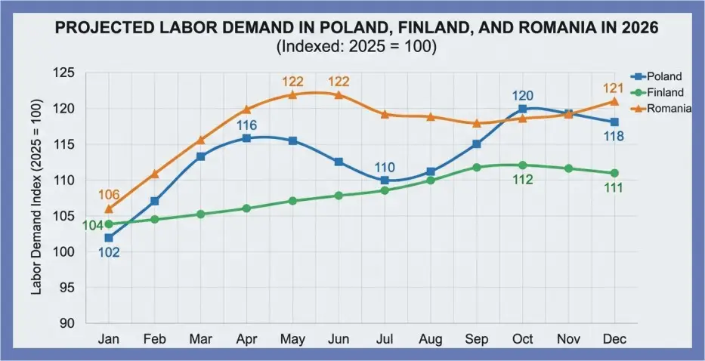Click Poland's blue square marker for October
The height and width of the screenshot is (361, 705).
coord(523,109)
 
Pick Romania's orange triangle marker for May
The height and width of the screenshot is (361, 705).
coord(292,94)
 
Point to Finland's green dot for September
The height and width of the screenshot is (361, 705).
coord(477,167)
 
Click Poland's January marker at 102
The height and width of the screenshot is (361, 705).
coord(109,238)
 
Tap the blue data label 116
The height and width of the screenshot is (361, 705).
coord(247,125)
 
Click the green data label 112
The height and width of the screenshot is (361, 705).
coord(523,180)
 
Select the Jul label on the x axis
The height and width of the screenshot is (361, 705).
coord(385,340)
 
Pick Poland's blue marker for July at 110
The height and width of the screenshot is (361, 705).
coord(385,180)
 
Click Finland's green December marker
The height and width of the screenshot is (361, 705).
coord(614,173)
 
